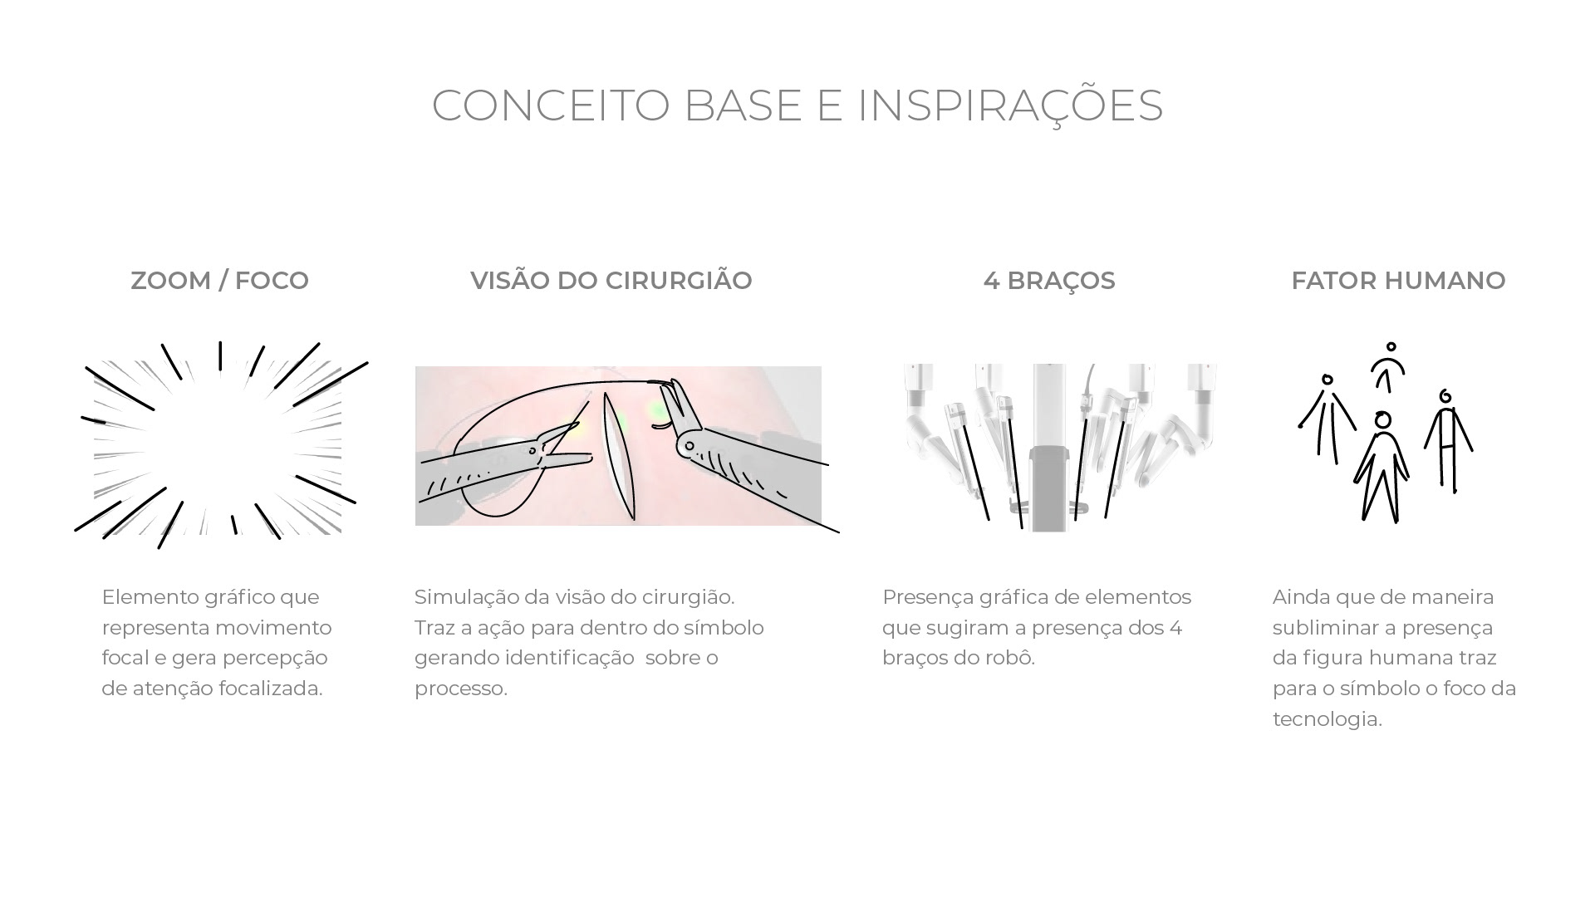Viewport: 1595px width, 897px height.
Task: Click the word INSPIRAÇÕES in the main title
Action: pos(1009,105)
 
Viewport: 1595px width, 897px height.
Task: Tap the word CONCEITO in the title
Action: pos(550,105)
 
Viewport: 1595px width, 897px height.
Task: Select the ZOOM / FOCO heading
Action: pos(219,281)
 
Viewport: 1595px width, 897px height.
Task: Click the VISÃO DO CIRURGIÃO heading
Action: pos(611,281)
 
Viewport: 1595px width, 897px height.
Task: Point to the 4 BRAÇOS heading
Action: pos(1048,281)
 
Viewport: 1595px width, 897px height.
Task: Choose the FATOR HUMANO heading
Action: pos(1398,281)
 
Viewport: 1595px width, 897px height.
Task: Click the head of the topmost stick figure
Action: pos(1391,347)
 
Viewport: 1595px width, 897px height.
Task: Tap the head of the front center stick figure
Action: pos(1382,420)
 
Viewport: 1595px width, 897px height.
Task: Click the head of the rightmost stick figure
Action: pos(1445,396)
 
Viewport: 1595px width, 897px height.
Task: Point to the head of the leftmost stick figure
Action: pos(1328,380)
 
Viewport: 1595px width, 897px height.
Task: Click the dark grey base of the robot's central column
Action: pos(1049,486)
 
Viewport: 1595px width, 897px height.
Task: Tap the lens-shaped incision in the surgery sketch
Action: pos(619,457)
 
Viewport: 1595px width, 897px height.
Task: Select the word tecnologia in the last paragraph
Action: pos(1326,719)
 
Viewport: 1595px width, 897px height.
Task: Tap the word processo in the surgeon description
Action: pos(459,689)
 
